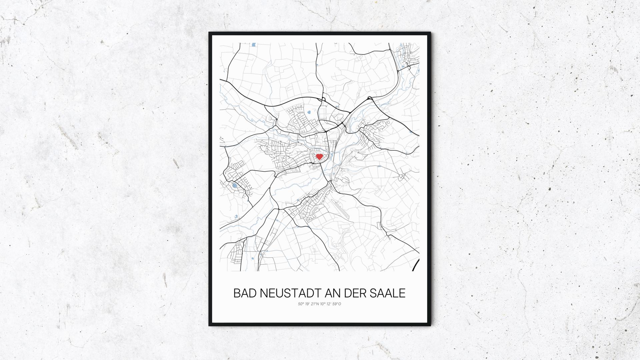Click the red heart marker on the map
319,156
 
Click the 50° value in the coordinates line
301,304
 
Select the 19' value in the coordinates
307,304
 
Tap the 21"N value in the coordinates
315,304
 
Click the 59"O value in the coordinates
337,304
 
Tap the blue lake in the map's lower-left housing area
234,185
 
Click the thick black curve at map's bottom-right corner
416,265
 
